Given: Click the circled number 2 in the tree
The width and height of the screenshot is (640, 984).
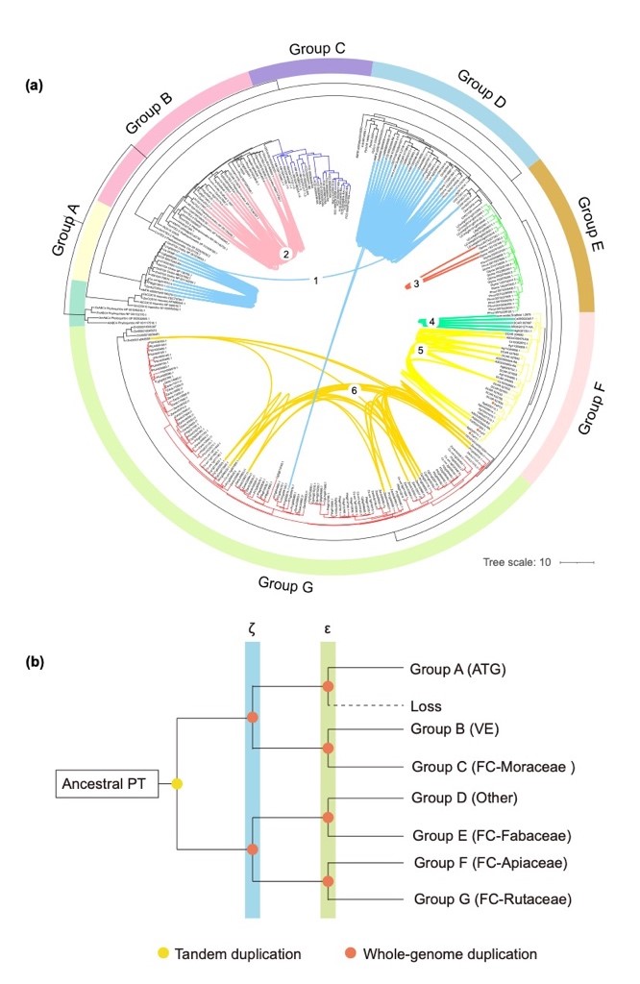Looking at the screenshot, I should pyautogui.click(x=284, y=253).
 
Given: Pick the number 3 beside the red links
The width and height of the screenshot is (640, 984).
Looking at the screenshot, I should pyautogui.click(x=416, y=283).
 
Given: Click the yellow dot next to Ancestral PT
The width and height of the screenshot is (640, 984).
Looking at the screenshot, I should pyautogui.click(x=177, y=785).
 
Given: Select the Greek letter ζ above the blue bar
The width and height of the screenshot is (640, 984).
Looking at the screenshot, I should pyautogui.click(x=252, y=629).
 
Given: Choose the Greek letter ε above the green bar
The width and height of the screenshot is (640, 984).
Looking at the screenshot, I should pyautogui.click(x=328, y=629).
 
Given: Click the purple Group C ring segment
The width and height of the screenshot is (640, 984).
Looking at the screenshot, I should pyautogui.click(x=310, y=68).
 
